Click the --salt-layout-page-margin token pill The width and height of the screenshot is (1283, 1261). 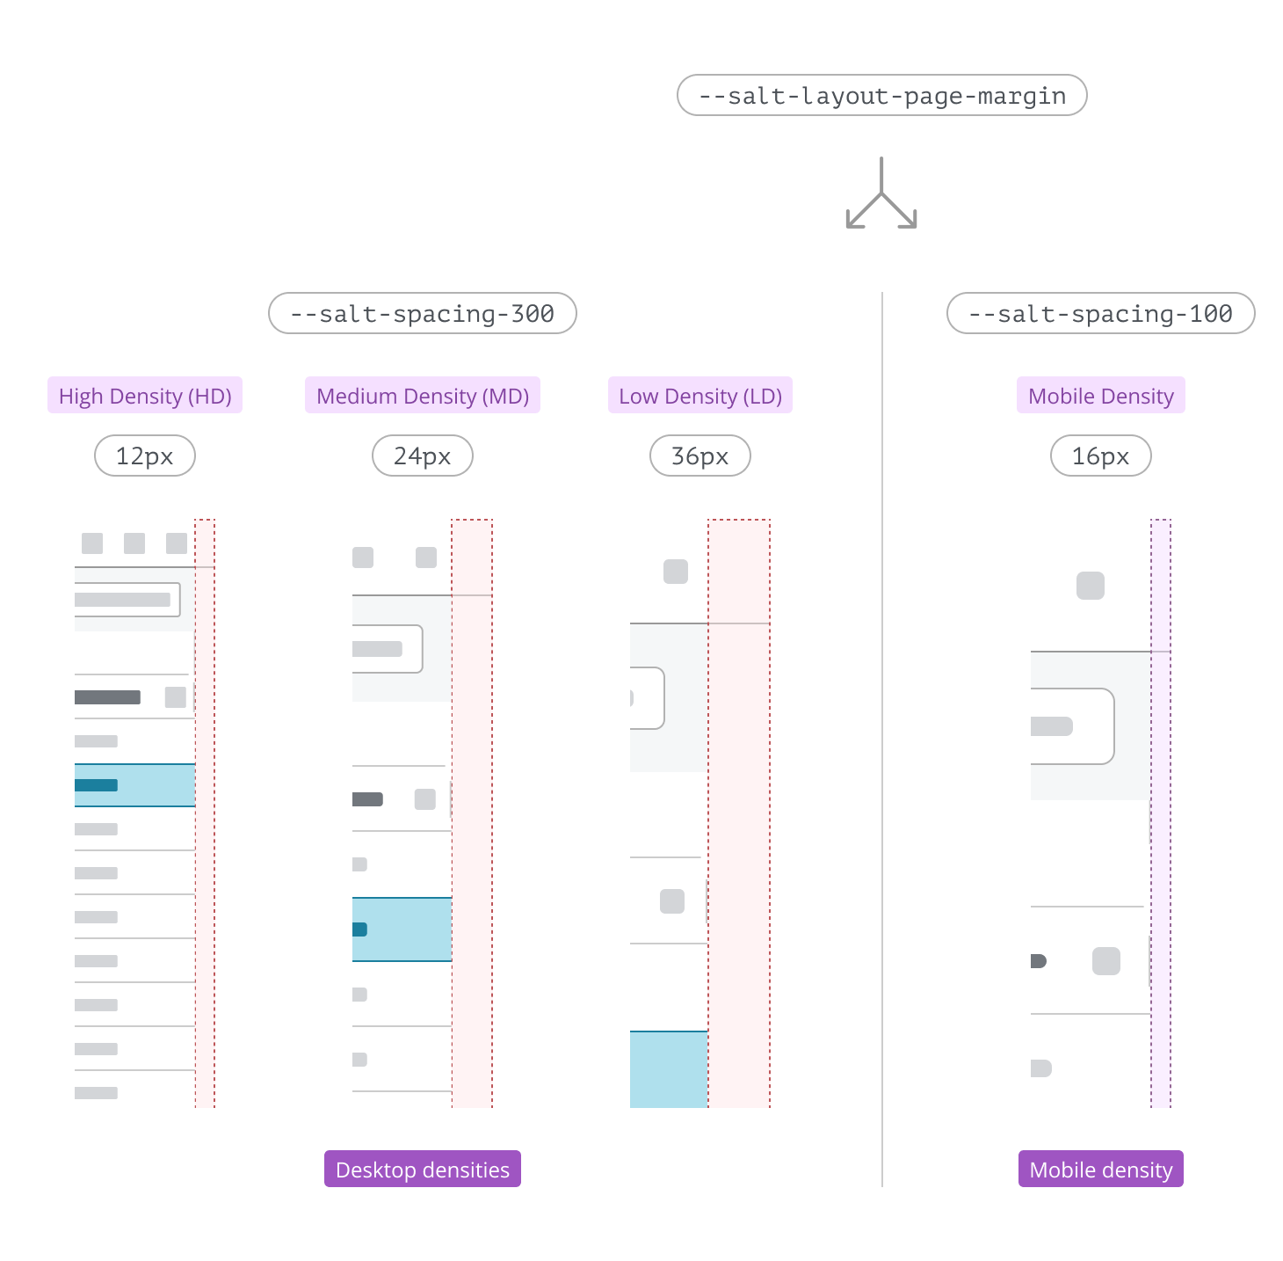(x=881, y=95)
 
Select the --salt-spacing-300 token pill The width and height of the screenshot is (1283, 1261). (x=422, y=313)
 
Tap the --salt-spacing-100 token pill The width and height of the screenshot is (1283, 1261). (x=1100, y=313)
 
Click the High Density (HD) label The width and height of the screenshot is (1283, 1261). (x=145, y=396)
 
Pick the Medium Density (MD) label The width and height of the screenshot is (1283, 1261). (x=423, y=396)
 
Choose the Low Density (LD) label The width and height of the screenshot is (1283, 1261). (x=700, y=396)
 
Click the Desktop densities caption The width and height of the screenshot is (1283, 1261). (x=423, y=1170)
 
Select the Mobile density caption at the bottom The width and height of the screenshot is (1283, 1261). (x=1100, y=1170)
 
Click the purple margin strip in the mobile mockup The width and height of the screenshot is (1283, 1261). (x=1161, y=813)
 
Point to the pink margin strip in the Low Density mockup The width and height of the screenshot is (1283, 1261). (x=739, y=813)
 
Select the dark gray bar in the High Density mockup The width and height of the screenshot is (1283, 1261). (x=107, y=697)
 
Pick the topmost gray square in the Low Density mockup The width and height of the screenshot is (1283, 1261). (x=676, y=572)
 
